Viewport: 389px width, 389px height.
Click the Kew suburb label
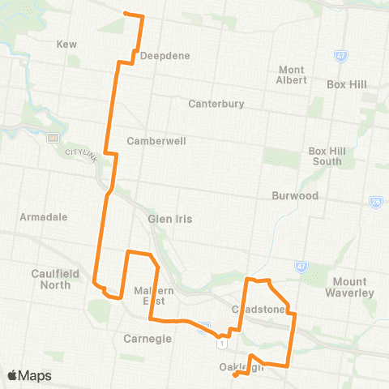(x=67, y=44)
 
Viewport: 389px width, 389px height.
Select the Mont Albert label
(x=292, y=75)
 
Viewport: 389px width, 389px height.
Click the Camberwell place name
(x=156, y=141)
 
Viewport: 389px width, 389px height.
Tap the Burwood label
(x=294, y=196)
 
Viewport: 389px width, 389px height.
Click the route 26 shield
(x=375, y=202)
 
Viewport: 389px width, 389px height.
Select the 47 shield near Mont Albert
(x=340, y=55)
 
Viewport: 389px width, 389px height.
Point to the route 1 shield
(x=220, y=343)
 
